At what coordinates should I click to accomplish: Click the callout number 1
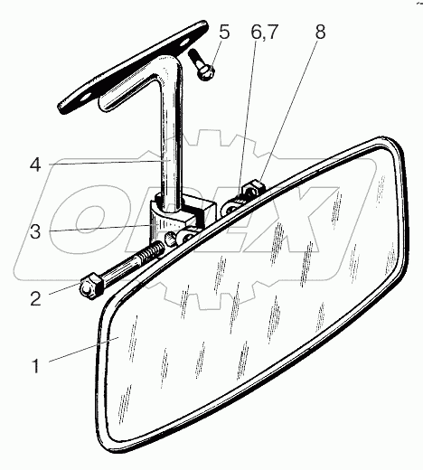(35, 366)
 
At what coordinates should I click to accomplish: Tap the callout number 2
(35, 299)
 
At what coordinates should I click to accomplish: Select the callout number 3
(35, 232)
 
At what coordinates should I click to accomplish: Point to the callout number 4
(35, 165)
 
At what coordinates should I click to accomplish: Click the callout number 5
(224, 32)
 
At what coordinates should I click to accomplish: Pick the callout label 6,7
(264, 32)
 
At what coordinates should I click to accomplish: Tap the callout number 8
(321, 32)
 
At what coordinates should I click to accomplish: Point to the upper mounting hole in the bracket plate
(183, 43)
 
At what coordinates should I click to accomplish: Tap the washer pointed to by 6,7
(232, 207)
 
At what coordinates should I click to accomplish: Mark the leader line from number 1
(83, 350)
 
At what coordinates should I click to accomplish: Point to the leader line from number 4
(109, 163)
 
